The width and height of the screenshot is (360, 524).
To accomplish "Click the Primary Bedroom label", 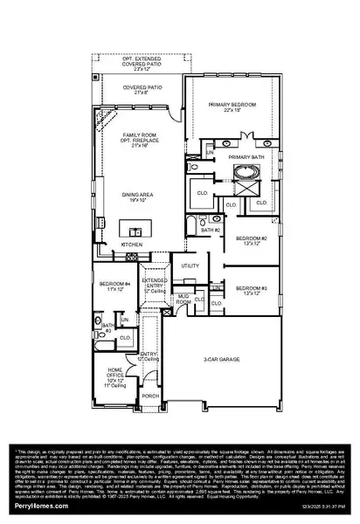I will coord(232,107).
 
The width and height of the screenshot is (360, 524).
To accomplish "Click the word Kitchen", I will coord(131,245).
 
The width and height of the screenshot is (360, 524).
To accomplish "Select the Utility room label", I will coord(190,265).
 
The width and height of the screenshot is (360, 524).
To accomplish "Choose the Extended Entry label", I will coord(155,285).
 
